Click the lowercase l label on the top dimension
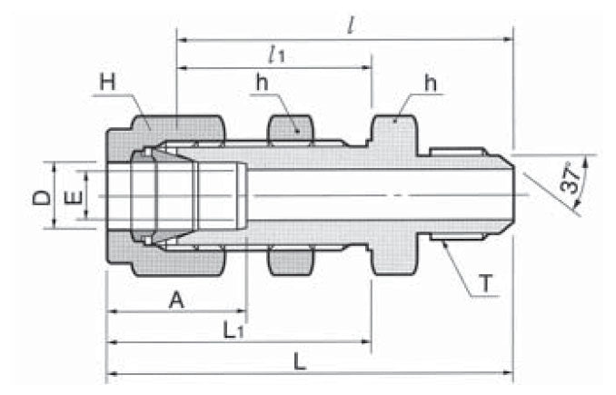349,22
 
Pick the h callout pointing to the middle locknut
262,83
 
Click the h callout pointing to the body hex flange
430,84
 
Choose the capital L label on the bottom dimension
301,360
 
